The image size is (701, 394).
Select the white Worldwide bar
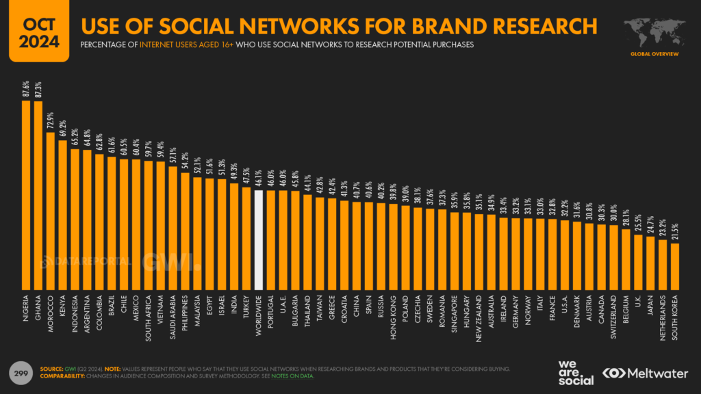pos(259,239)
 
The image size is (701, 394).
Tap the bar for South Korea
pos(674,265)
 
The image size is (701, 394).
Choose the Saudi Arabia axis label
pos(173,315)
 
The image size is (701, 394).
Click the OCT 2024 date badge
pos(34,31)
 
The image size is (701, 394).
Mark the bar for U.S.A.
pos(565,254)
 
